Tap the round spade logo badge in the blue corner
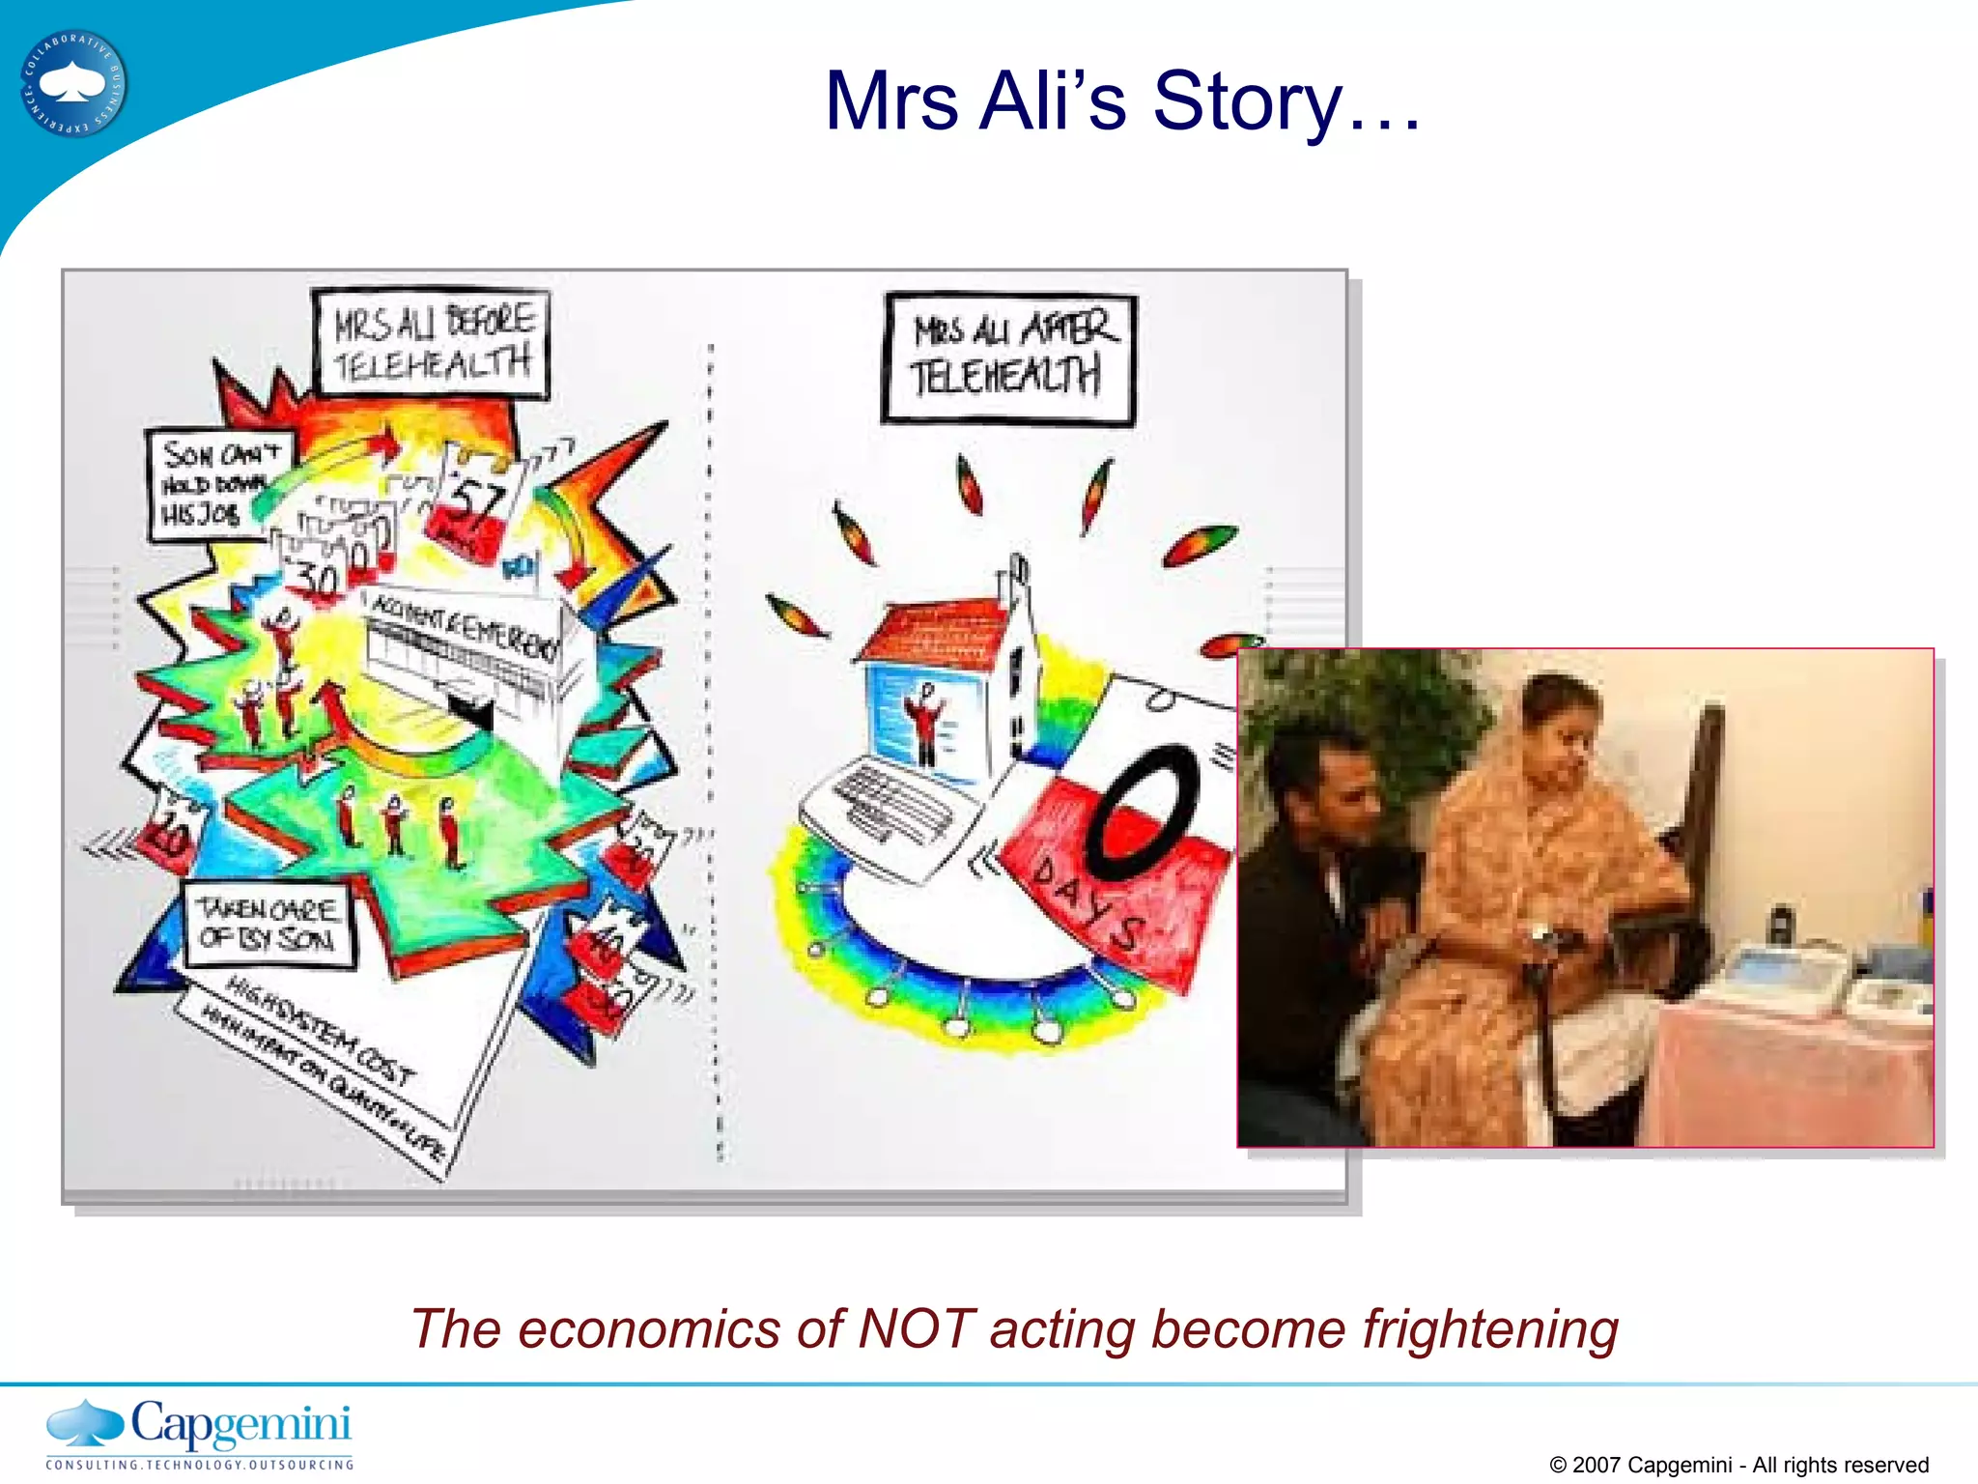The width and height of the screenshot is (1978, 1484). point(73,84)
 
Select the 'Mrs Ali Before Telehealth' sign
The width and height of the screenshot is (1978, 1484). point(432,343)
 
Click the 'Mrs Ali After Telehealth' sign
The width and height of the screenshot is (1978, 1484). point(1008,357)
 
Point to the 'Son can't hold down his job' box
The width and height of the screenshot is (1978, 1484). point(218,483)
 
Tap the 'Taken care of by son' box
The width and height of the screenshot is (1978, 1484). point(268,925)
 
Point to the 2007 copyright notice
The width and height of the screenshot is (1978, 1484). point(1738,1465)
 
